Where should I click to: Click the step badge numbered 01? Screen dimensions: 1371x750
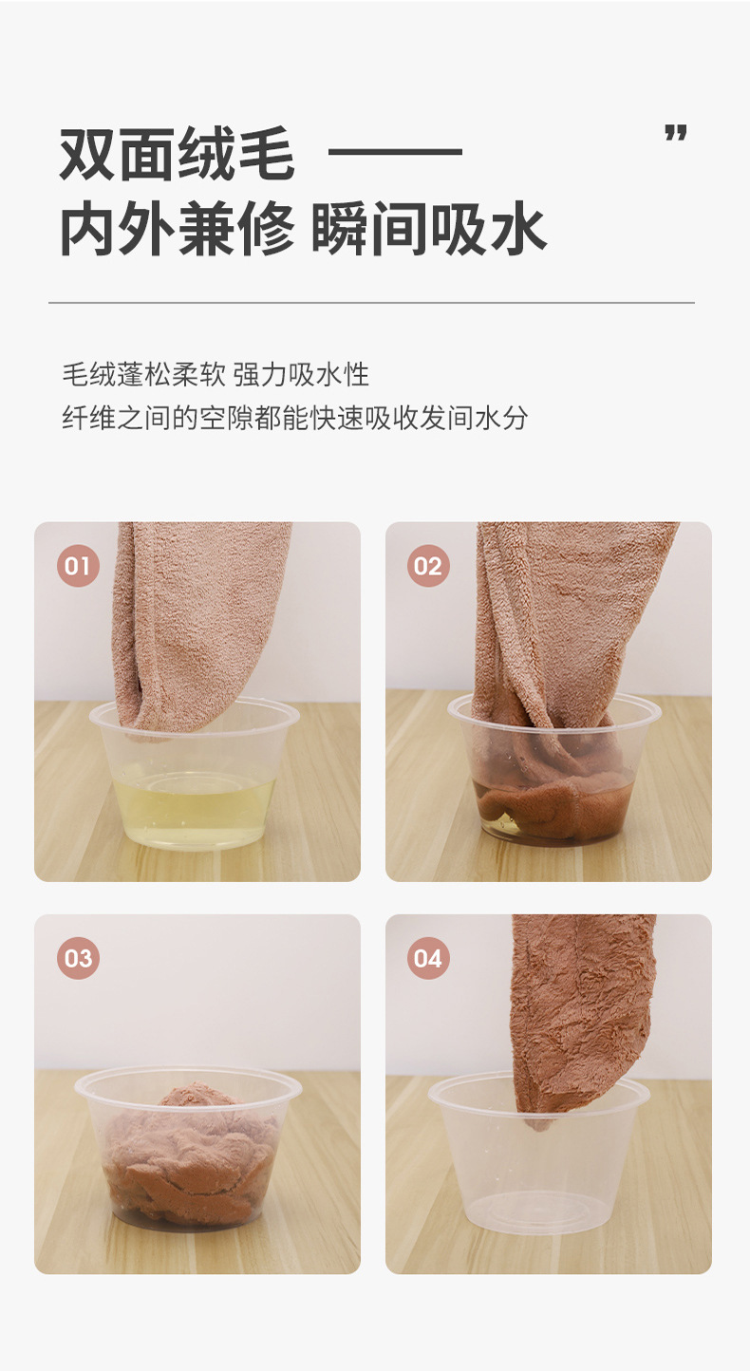point(78,567)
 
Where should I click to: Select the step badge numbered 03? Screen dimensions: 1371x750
point(78,958)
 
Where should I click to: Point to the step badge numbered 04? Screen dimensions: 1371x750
point(427,958)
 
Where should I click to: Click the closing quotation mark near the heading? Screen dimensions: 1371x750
point(675,134)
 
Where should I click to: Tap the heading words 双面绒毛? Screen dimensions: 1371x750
point(177,154)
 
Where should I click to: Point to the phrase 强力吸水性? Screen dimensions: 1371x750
point(301,375)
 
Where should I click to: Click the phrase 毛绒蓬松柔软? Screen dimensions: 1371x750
point(143,375)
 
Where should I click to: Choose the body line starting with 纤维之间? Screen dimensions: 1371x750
point(294,418)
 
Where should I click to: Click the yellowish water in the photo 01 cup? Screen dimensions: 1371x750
point(196,807)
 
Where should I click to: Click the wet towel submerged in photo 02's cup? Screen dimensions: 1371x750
point(551,807)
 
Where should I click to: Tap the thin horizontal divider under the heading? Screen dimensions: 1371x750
point(371,303)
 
